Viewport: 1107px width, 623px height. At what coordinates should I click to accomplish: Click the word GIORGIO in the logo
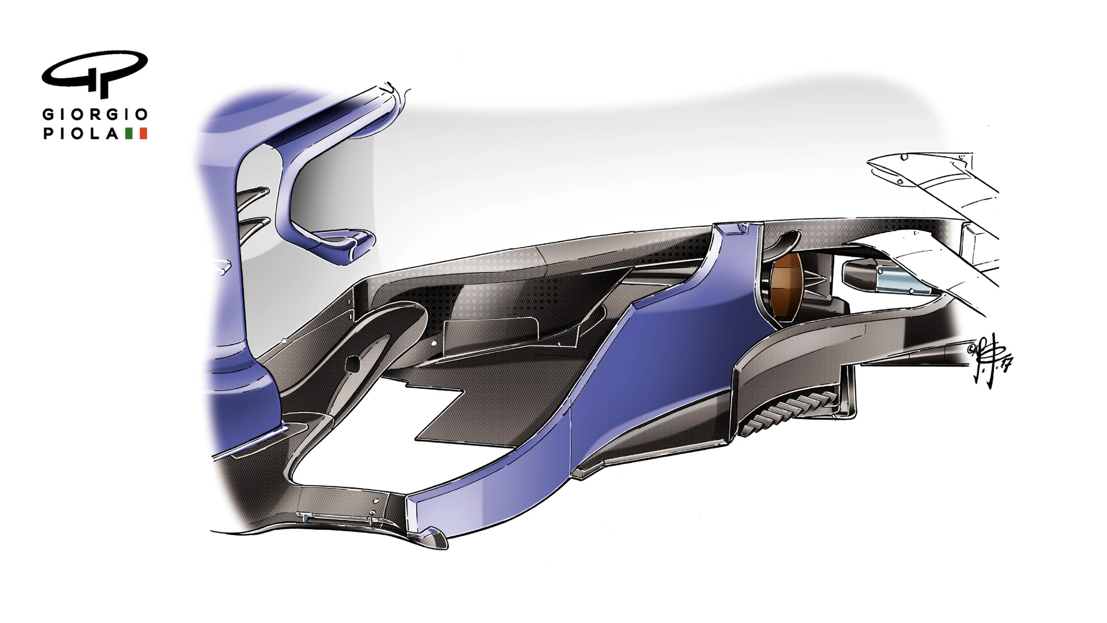pos(95,114)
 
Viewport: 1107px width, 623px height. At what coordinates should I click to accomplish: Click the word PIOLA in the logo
pos(81,134)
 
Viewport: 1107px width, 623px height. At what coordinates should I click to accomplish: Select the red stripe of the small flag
pos(144,134)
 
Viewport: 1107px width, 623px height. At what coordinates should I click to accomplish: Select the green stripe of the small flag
pos(129,134)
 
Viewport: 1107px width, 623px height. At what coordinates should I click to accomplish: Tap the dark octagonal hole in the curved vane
pos(351,363)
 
